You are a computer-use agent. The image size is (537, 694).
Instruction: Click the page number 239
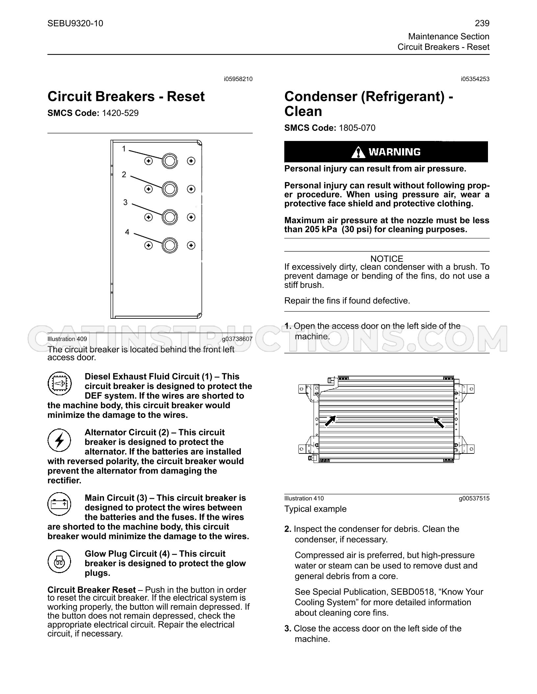click(x=482, y=23)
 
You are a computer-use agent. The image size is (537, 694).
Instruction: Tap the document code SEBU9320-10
click(x=75, y=23)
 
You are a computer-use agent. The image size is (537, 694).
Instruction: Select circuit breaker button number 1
click(x=169, y=161)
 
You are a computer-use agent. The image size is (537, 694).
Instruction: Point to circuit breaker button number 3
click(x=169, y=217)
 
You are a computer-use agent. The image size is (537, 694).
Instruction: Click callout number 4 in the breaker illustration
click(x=127, y=232)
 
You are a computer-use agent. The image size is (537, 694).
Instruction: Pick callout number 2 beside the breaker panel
click(x=124, y=174)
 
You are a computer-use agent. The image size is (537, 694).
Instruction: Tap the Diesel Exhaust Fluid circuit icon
click(x=59, y=383)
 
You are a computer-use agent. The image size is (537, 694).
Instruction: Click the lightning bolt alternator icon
click(x=59, y=440)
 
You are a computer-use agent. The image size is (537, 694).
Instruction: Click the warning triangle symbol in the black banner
click(x=358, y=152)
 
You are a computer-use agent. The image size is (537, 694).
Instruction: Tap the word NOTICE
click(x=387, y=259)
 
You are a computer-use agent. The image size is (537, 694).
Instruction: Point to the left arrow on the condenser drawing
click(x=330, y=421)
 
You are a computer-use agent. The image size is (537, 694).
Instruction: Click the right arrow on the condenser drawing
click(x=439, y=422)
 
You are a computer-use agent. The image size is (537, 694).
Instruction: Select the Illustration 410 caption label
click(x=304, y=498)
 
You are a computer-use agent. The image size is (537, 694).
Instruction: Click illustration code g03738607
click(x=237, y=339)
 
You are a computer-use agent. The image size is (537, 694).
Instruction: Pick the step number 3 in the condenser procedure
click(x=288, y=629)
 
